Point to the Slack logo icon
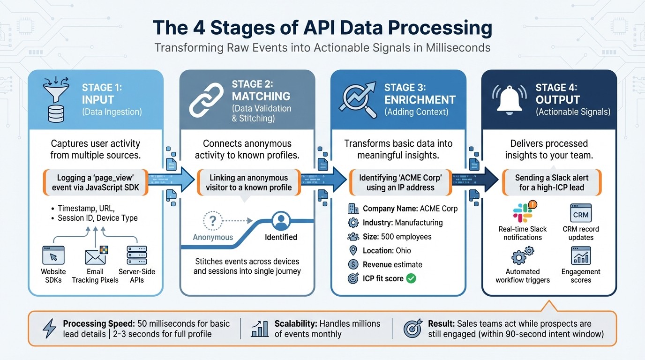(522, 213)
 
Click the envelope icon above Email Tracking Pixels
(95, 256)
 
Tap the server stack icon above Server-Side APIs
(136, 256)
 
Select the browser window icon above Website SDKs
(53, 256)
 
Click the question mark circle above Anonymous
(213, 220)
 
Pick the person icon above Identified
(282, 220)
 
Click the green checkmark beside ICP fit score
(411, 278)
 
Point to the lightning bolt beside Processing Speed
(49, 329)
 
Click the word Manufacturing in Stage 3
(419, 223)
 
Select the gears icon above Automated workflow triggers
(522, 256)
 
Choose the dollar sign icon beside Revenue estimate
(353, 264)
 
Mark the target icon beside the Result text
(413, 329)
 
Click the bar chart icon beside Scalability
(260, 329)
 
